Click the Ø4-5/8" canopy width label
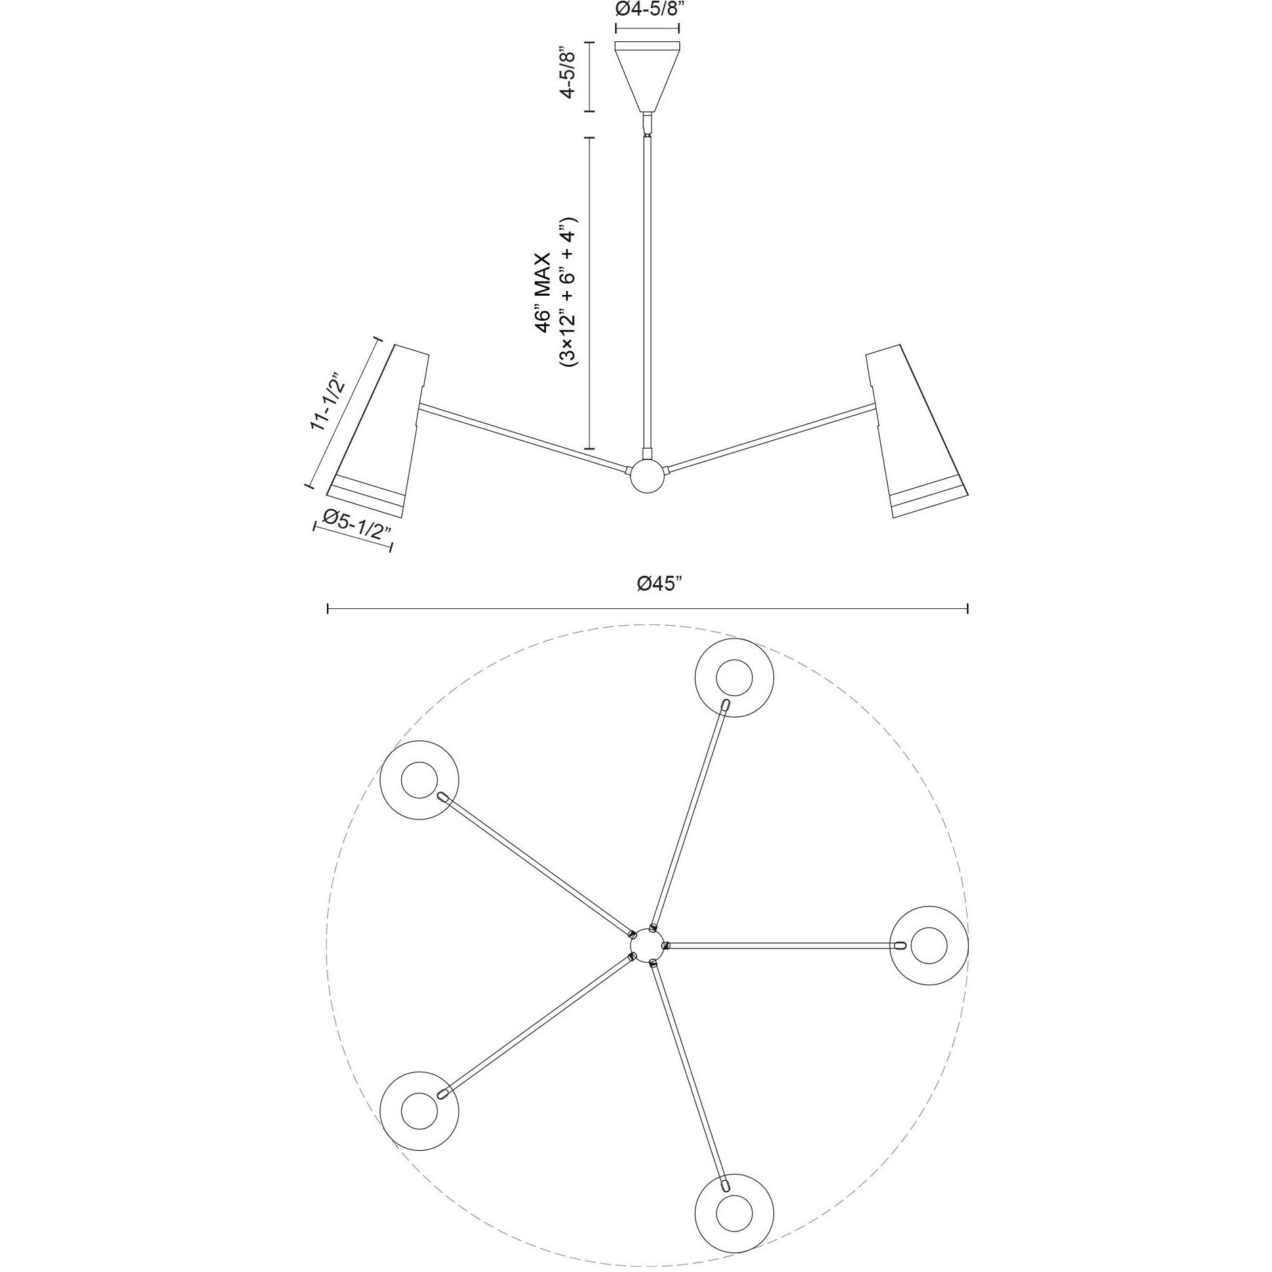646,11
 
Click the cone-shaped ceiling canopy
647,76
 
